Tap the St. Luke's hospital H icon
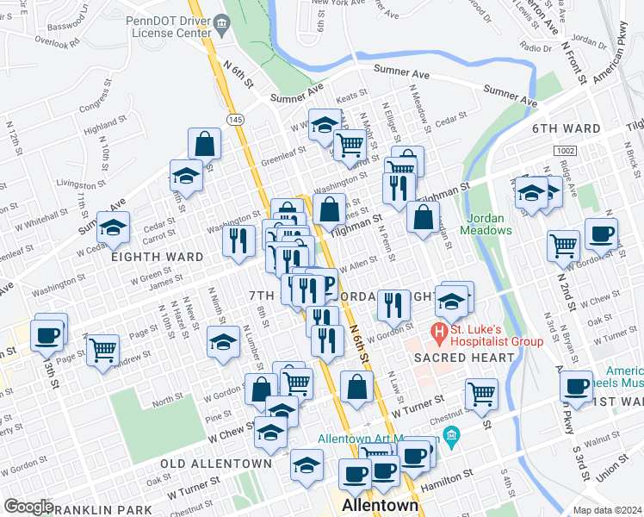(x=440, y=330)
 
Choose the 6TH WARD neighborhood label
(x=566, y=129)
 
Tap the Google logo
(x=28, y=507)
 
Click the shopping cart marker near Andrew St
(x=102, y=350)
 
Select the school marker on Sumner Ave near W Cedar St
(x=112, y=227)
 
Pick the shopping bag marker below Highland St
(x=206, y=143)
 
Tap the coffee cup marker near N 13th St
(x=49, y=334)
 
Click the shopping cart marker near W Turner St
(x=481, y=394)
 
